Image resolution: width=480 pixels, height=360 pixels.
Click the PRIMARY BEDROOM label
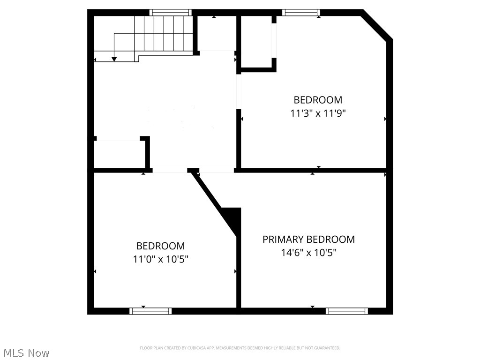pyautogui.click(x=308, y=240)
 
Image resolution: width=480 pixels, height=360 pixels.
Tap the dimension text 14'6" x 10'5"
pyautogui.click(x=308, y=253)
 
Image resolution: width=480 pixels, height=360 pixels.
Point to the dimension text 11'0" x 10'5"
pyautogui.click(x=160, y=259)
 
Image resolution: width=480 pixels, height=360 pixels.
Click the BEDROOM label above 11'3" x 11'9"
pyautogui.click(x=318, y=100)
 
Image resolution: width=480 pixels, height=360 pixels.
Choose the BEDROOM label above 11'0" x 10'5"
pyautogui.click(x=160, y=246)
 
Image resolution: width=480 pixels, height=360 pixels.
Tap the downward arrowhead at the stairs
pyautogui.click(x=114, y=59)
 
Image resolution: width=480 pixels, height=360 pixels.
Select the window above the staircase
pyautogui.click(x=170, y=13)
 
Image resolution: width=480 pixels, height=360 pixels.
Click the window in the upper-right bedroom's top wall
pyautogui.click(x=301, y=13)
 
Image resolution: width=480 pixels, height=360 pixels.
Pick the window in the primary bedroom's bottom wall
pyautogui.click(x=347, y=311)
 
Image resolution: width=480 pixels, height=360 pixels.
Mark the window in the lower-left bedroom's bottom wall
pyautogui.click(x=150, y=311)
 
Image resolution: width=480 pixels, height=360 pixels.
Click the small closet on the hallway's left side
pyautogui.click(x=120, y=154)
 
